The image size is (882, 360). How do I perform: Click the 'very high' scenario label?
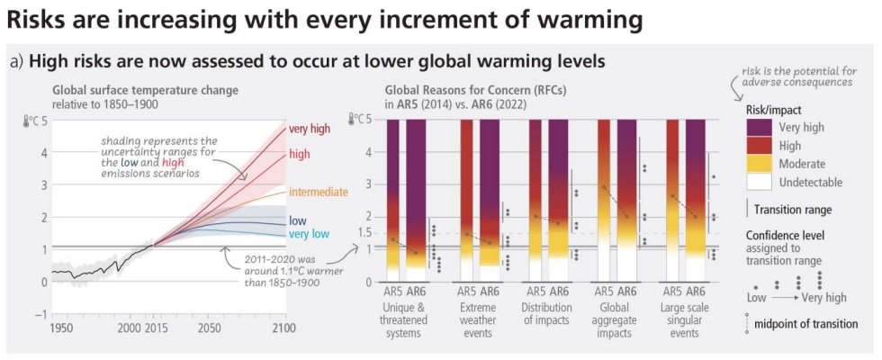coord(310,130)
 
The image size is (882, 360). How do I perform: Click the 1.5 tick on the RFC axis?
coord(363,232)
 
